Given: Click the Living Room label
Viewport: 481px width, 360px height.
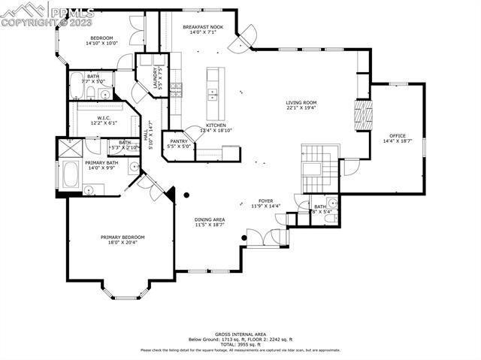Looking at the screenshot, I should (301, 103).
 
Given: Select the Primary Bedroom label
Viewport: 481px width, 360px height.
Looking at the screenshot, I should (123, 237).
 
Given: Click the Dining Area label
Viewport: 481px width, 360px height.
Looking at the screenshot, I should (210, 219).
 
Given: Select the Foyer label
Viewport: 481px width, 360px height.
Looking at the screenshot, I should (265, 201).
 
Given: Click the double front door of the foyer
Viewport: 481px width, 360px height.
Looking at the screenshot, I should (268, 237).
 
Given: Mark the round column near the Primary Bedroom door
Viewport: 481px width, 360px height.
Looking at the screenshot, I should (187, 195).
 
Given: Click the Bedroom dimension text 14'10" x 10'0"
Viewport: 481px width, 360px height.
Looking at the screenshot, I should (101, 44).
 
